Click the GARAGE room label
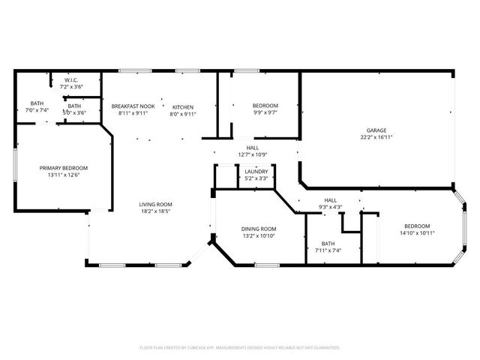click(x=376, y=130)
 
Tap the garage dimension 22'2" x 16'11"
click(x=376, y=137)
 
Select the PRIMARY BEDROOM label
click(x=64, y=167)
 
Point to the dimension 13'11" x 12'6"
click(x=64, y=175)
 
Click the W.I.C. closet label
click(x=72, y=79)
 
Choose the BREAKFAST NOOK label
click(x=133, y=106)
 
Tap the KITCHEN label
click(x=183, y=106)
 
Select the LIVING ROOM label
click(x=156, y=204)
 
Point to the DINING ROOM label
click(x=258, y=229)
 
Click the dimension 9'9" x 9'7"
click(x=265, y=113)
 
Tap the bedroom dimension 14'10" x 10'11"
click(x=417, y=233)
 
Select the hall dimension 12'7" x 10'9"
click(x=253, y=154)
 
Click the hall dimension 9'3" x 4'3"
click(x=331, y=207)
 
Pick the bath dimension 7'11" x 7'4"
click(x=328, y=251)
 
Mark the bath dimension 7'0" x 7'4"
click(x=37, y=111)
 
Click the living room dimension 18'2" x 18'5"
click(x=156, y=211)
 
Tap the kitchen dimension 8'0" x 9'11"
click(x=183, y=114)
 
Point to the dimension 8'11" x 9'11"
click(x=133, y=114)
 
